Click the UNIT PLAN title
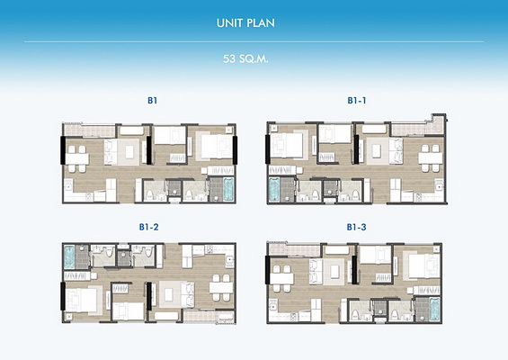245,23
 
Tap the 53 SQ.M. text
245,59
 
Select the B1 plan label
152,101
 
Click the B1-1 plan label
357,101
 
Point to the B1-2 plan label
149,227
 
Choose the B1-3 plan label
356,227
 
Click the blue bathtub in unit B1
228,189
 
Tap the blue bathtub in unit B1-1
274,189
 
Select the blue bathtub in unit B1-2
69,256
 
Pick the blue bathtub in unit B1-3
434,310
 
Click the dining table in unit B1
76,159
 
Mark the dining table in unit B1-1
431,158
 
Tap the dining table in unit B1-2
221,288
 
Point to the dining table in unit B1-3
281,279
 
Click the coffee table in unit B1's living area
129,152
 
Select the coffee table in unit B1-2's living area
168,294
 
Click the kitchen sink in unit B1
68,187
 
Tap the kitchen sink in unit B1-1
439,187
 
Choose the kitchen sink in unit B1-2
229,259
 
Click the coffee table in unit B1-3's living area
334,272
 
